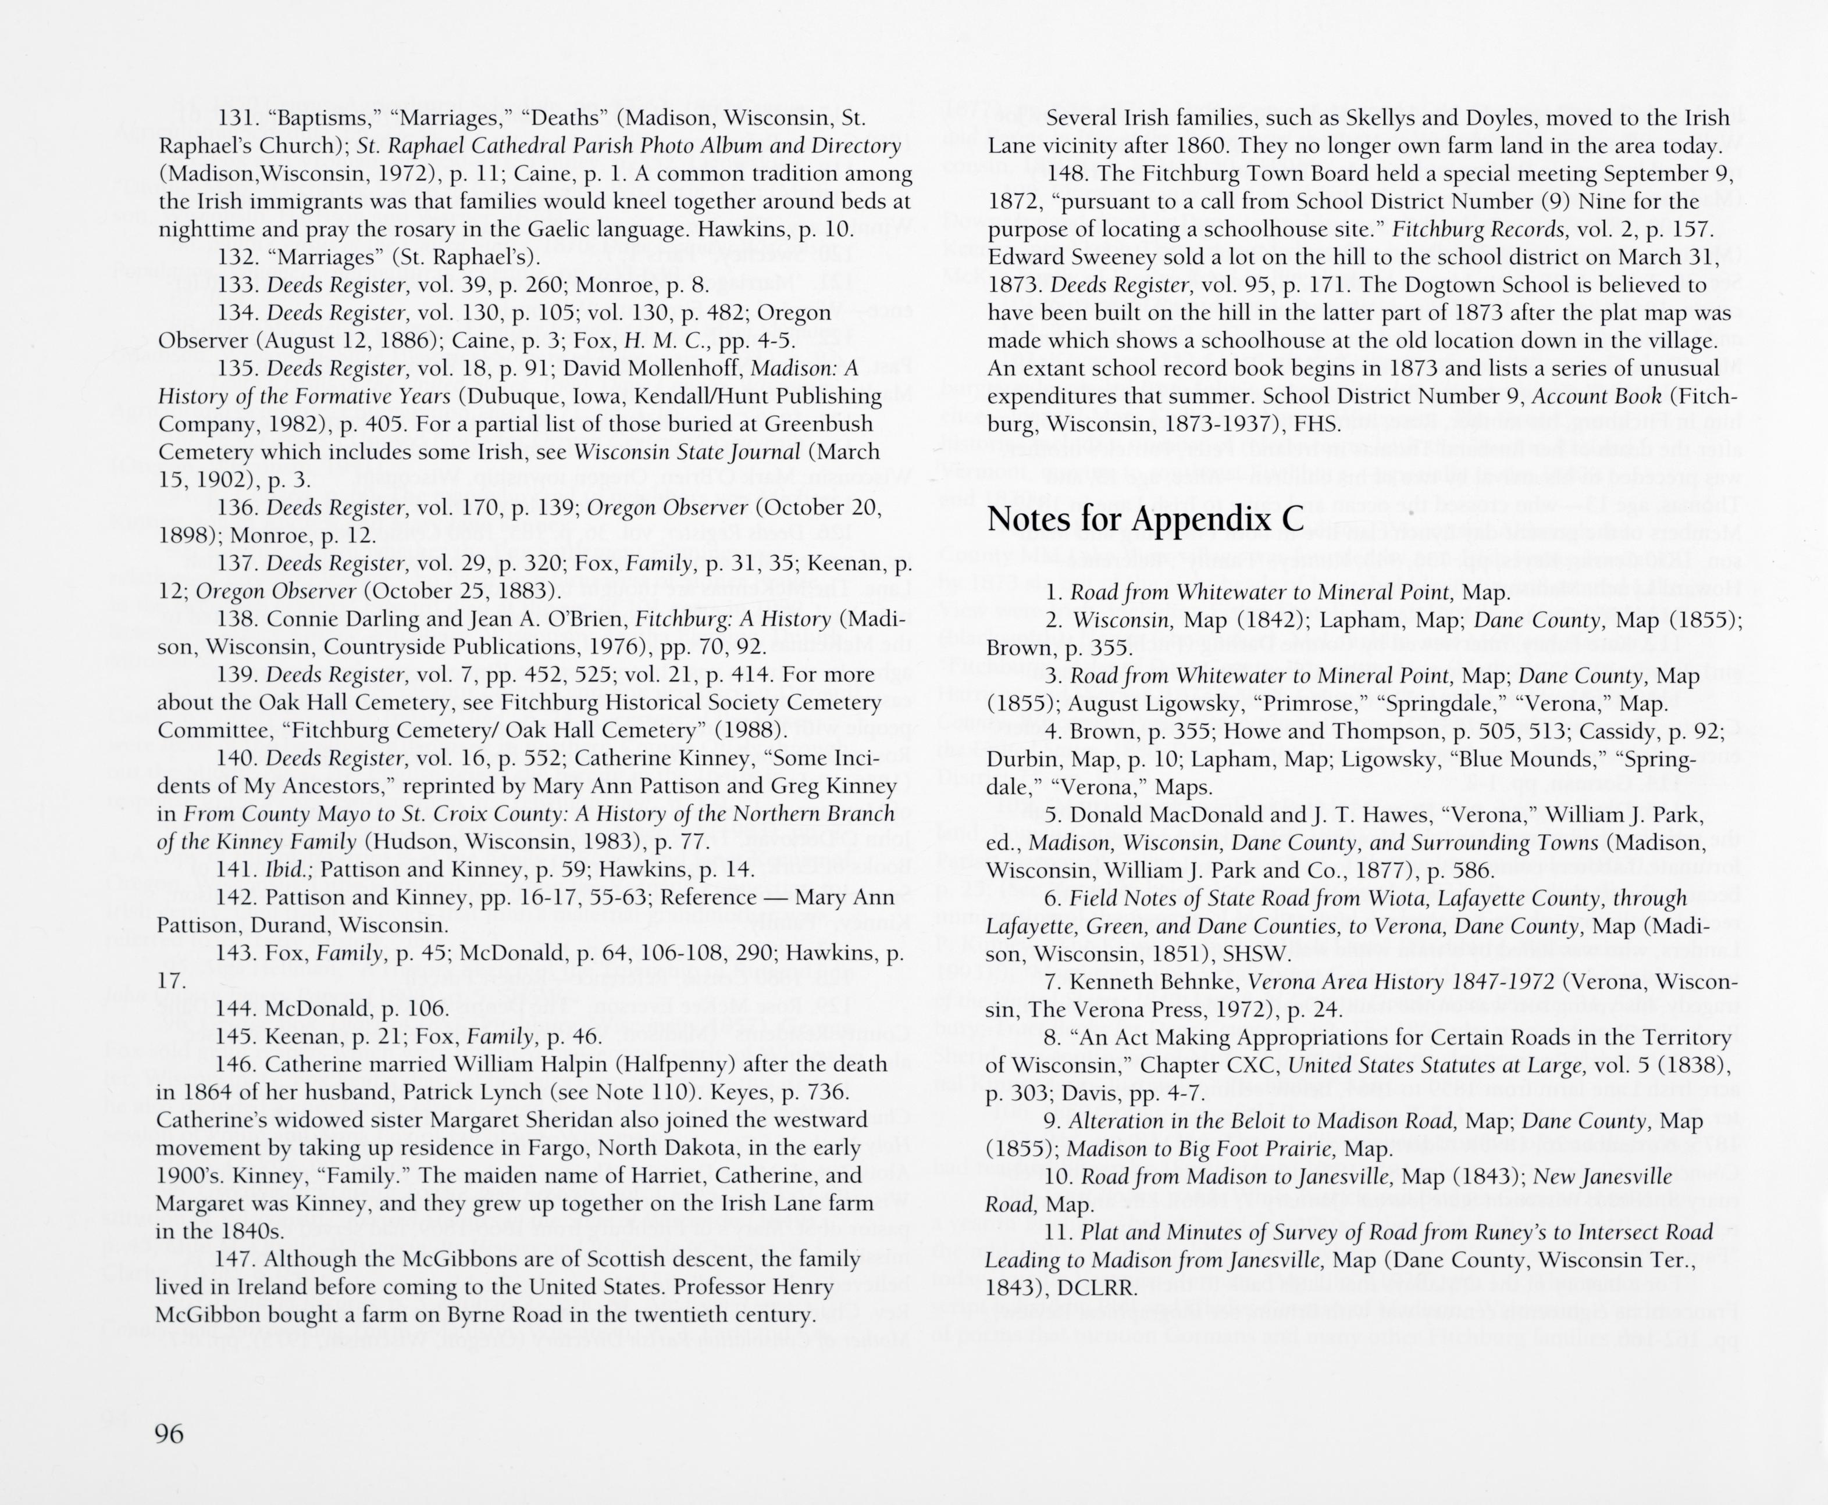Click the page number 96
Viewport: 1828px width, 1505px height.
tap(169, 1434)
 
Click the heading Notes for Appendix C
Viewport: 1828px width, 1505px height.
tap(1145, 519)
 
